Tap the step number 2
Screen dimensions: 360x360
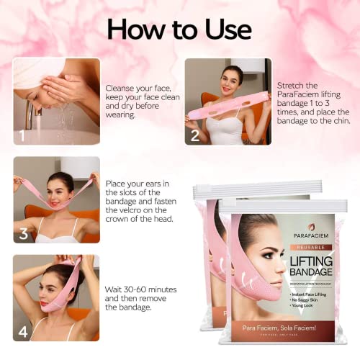pos(194,135)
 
